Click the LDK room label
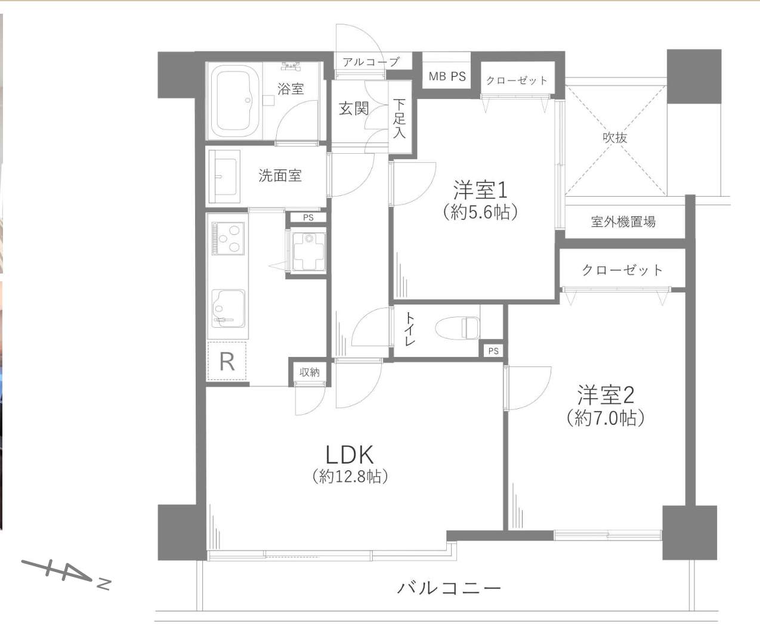pos(349,455)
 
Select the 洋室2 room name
pos(605,395)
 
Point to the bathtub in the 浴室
pos(234,101)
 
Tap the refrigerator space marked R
pos(227,362)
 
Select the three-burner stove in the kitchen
pos(228,238)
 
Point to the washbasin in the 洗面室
pos(223,176)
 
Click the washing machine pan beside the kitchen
pos(308,251)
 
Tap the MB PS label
pos(447,76)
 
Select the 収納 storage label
pos(310,372)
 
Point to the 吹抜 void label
pos(615,138)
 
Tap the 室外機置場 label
pos(623,222)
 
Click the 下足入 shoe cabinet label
pos(399,118)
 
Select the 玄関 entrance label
pos(353,108)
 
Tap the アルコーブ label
pos(371,62)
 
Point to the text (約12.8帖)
pos(350,476)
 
